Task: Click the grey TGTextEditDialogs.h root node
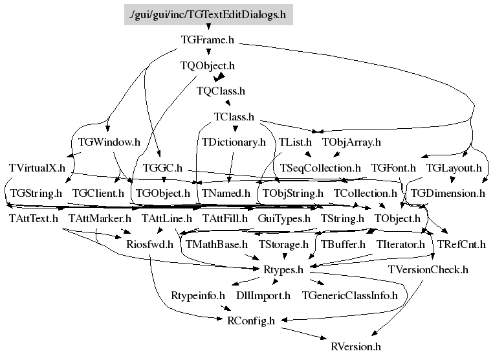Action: (x=208, y=14)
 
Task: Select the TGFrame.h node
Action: (x=207, y=40)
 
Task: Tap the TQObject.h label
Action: (x=207, y=65)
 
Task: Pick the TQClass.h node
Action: (x=221, y=91)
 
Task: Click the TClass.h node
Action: (x=234, y=117)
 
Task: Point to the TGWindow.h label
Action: (x=109, y=142)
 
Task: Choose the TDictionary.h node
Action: (x=234, y=142)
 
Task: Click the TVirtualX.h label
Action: (x=37, y=168)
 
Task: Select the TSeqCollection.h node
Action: (x=320, y=168)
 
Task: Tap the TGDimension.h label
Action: (x=448, y=193)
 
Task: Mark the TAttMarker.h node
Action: (x=100, y=218)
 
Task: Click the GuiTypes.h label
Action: (x=284, y=218)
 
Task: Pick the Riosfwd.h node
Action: (x=150, y=244)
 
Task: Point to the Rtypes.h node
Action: (x=283, y=269)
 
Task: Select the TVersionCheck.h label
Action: (x=428, y=269)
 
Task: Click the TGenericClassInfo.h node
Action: (x=350, y=295)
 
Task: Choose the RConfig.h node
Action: (x=251, y=321)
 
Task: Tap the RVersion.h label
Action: (x=356, y=346)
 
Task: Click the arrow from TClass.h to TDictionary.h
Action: (x=235, y=127)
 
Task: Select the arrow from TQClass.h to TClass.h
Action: (x=228, y=102)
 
